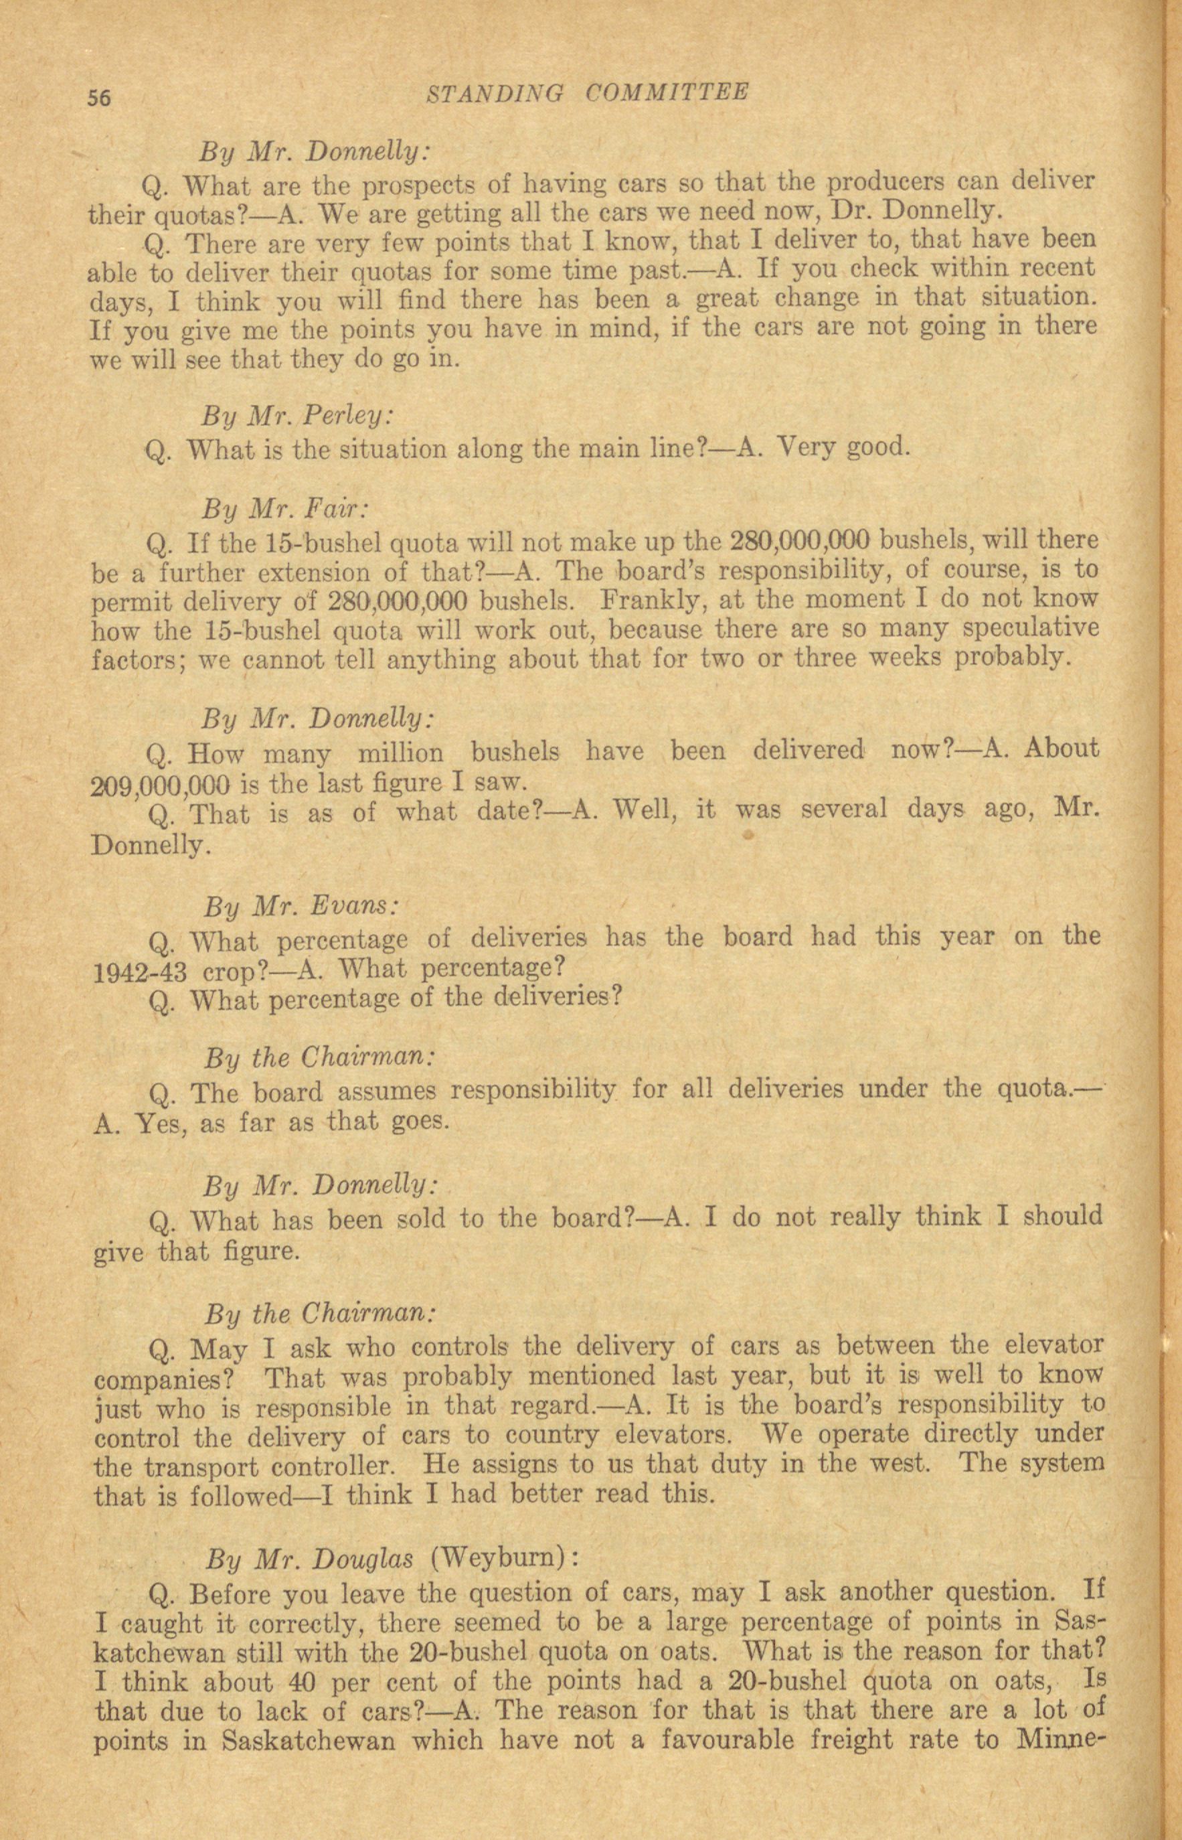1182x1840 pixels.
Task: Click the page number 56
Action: pos(100,98)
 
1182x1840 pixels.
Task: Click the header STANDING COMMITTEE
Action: pos(586,94)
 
